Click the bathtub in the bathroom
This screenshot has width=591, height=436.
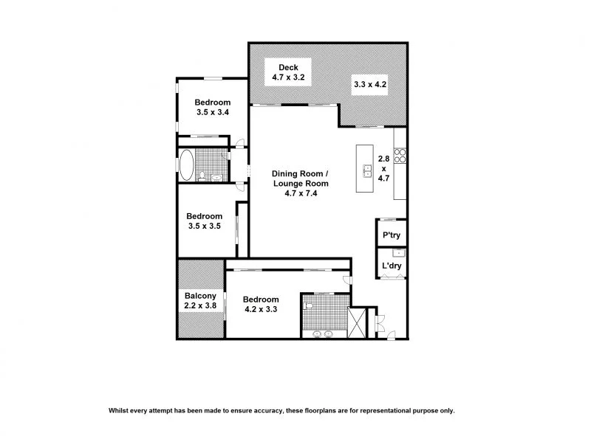(x=187, y=165)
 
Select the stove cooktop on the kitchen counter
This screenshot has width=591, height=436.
(x=400, y=156)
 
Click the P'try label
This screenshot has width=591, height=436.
(x=390, y=236)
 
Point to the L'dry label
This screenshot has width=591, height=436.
(x=390, y=266)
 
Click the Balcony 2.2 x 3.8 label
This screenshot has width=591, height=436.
(x=200, y=301)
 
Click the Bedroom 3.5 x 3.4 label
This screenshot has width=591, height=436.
(x=213, y=107)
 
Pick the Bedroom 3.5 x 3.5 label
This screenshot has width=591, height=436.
(x=203, y=221)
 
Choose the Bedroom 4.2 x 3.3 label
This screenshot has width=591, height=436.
(x=261, y=305)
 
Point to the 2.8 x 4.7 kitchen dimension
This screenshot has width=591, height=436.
(x=383, y=167)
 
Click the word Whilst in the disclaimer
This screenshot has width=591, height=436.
(x=122, y=410)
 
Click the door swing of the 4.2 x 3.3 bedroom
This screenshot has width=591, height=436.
(x=347, y=280)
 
